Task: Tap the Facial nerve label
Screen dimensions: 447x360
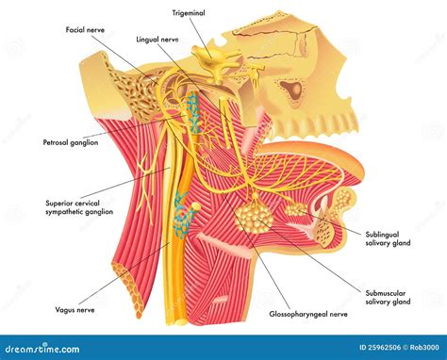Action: point(86,29)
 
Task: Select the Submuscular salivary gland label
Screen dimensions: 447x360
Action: point(388,272)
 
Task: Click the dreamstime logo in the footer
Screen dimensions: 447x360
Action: point(57,348)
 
